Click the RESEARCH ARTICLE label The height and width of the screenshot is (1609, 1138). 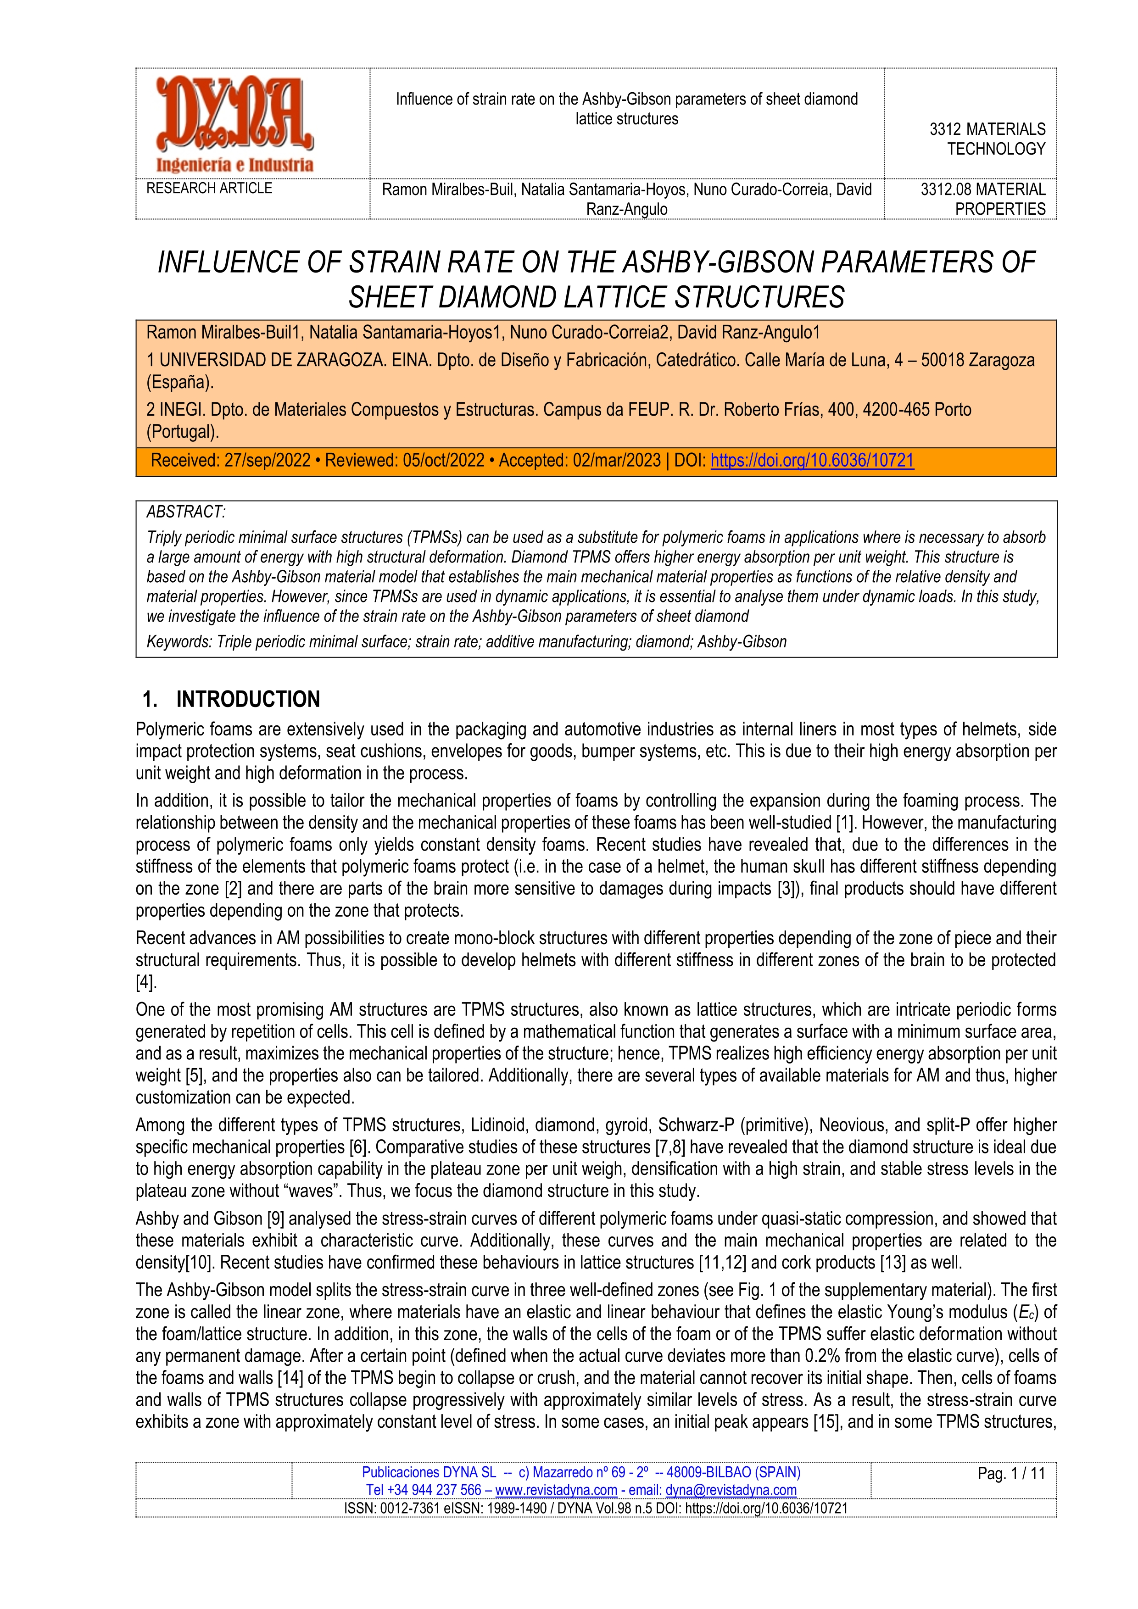(x=209, y=189)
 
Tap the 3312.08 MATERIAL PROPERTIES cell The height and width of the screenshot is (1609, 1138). (x=982, y=199)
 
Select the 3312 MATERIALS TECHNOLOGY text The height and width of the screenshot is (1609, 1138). (x=987, y=139)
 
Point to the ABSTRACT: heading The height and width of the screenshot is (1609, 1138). (x=186, y=512)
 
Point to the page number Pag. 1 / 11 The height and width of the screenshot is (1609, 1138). (x=1010, y=1474)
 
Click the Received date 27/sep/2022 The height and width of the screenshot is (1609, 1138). (x=267, y=461)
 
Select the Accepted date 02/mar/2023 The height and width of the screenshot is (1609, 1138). (x=617, y=461)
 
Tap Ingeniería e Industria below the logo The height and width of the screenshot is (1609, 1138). (x=235, y=165)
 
